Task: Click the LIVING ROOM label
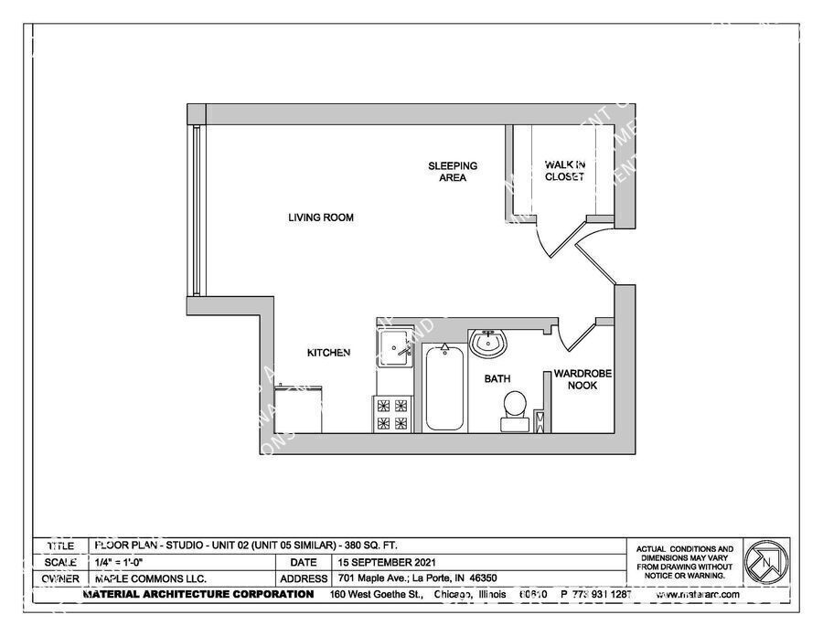[320, 217]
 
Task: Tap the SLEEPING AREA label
[453, 172]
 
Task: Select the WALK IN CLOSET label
[564, 171]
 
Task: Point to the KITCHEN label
[328, 353]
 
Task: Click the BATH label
[497, 378]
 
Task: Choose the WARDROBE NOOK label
[582, 379]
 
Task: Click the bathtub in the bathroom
[444, 387]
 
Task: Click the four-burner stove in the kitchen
[393, 413]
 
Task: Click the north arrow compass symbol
[765, 562]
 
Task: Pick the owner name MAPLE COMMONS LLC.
[150, 578]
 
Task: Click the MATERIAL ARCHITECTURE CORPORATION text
[198, 594]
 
